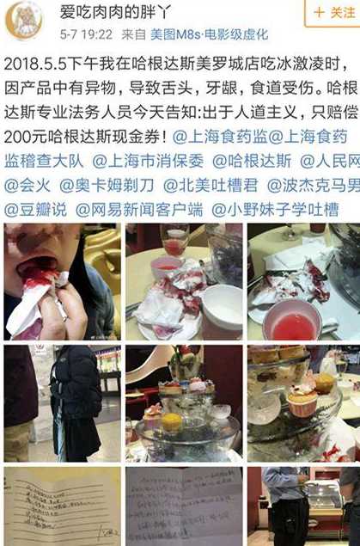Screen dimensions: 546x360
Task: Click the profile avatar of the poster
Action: (x=24, y=21)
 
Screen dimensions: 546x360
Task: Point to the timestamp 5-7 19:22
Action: (x=86, y=34)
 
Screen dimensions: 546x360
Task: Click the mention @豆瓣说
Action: (x=37, y=208)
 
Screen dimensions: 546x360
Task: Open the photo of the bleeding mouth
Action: (x=62, y=282)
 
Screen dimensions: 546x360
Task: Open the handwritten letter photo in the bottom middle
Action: (x=183, y=507)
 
